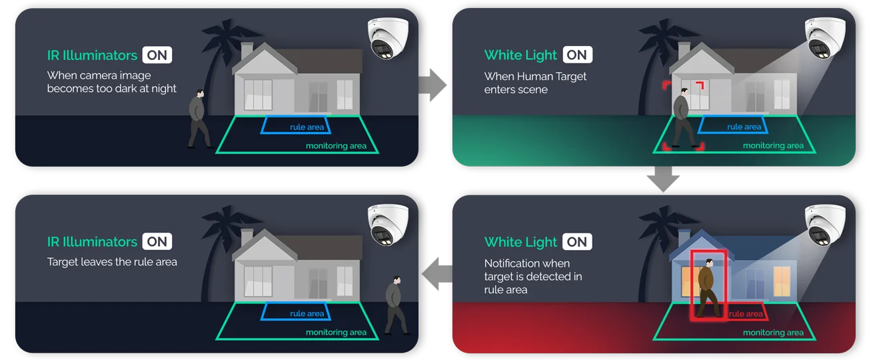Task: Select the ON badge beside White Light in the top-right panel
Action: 577,55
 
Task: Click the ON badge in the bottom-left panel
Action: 157,241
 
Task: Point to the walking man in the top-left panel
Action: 198,119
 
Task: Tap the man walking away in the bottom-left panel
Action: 396,305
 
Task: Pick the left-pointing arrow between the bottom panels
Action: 436,273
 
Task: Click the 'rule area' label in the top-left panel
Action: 307,127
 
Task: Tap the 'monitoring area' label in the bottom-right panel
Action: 773,332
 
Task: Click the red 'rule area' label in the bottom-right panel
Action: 746,313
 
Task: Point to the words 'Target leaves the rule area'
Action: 112,262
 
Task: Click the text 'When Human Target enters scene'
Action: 535,83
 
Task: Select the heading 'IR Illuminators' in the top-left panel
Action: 92,55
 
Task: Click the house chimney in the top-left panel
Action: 247,51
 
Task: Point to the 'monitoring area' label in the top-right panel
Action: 773,145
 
